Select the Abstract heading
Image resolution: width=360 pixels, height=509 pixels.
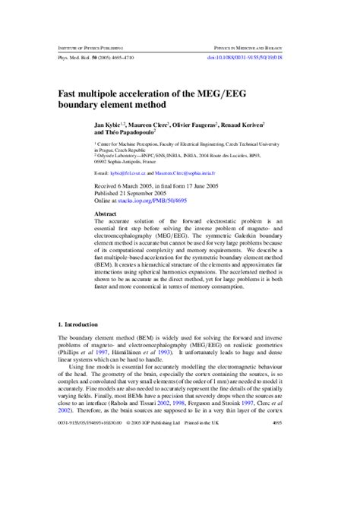106,215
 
